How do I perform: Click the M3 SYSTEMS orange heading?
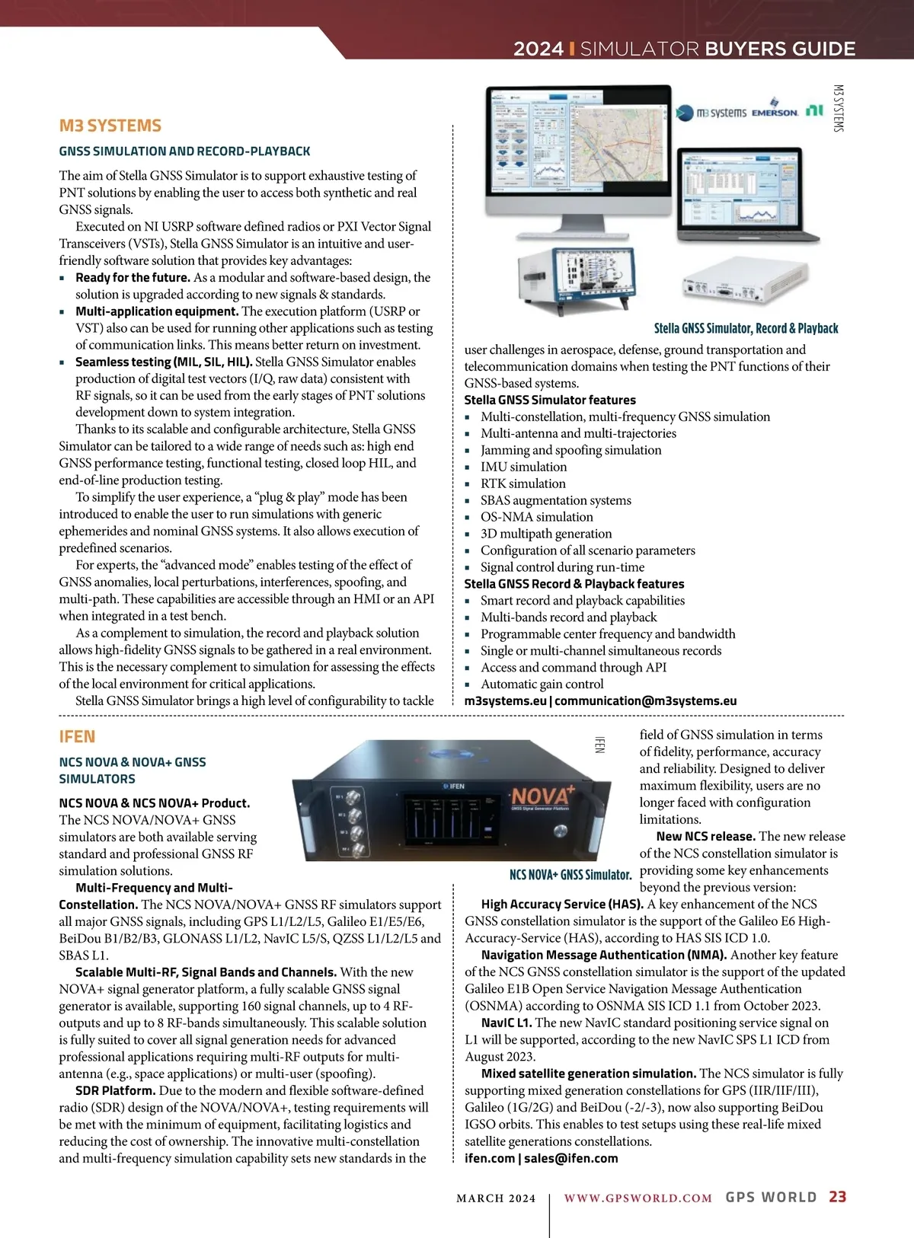(x=110, y=126)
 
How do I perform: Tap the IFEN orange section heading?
(x=77, y=737)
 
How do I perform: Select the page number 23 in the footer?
(x=837, y=1197)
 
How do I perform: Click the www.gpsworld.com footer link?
(x=638, y=1198)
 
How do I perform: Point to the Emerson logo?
(x=775, y=111)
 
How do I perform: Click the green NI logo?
(x=814, y=110)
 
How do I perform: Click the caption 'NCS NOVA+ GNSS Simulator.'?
(x=570, y=875)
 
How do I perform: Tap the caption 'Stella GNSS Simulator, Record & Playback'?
(x=746, y=328)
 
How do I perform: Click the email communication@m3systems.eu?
(x=645, y=700)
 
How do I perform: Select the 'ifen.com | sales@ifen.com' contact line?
(x=541, y=1158)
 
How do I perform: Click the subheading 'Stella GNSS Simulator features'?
(x=550, y=400)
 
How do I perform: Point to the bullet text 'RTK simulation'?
(x=523, y=483)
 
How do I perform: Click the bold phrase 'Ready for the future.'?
(x=133, y=278)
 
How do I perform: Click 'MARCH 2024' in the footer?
(x=496, y=1198)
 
